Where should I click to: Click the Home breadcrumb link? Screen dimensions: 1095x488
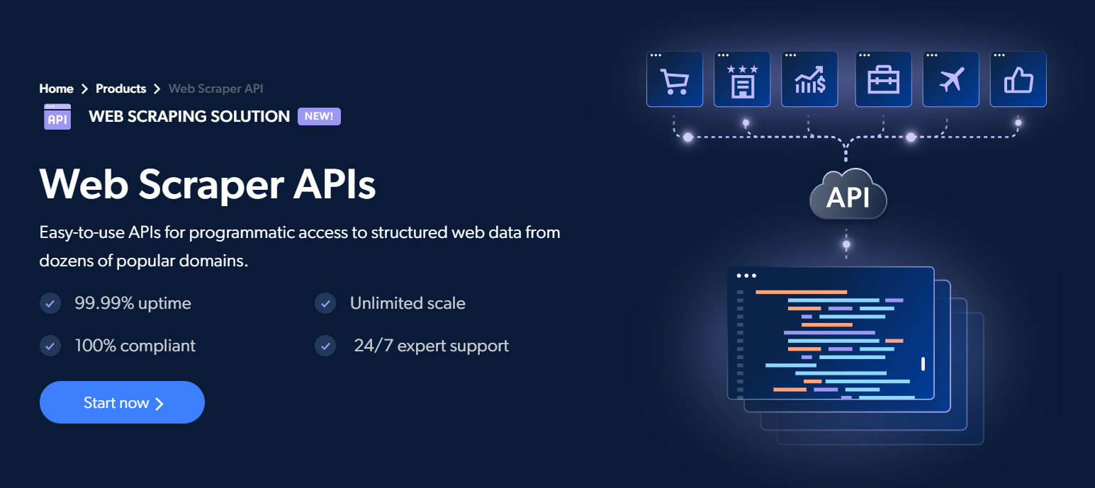tap(56, 89)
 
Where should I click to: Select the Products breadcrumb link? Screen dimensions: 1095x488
tap(120, 89)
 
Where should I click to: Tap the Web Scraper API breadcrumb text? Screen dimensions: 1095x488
tap(215, 89)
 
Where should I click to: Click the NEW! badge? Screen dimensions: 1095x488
tap(319, 116)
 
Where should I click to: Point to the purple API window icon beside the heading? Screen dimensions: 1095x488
tap(57, 117)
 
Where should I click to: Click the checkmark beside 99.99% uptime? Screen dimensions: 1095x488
tap(50, 303)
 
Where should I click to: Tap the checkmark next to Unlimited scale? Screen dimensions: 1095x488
tap(325, 303)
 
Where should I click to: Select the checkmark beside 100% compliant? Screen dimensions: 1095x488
tap(50, 346)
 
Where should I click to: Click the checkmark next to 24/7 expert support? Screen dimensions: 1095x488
tap(325, 346)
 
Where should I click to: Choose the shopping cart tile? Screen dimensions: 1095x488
tap(675, 79)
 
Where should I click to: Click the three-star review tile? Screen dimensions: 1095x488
tap(742, 79)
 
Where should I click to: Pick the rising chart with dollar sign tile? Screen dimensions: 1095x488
tap(809, 79)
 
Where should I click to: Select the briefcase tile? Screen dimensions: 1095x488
tap(883, 79)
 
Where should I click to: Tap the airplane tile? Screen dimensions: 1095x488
tap(951, 79)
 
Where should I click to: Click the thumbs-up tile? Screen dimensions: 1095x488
tap(1018, 79)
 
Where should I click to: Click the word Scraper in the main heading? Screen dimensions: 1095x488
tap(211, 186)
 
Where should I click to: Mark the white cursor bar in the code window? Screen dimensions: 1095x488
tap(923, 364)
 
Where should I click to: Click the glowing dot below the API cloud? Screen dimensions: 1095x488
tap(846, 244)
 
